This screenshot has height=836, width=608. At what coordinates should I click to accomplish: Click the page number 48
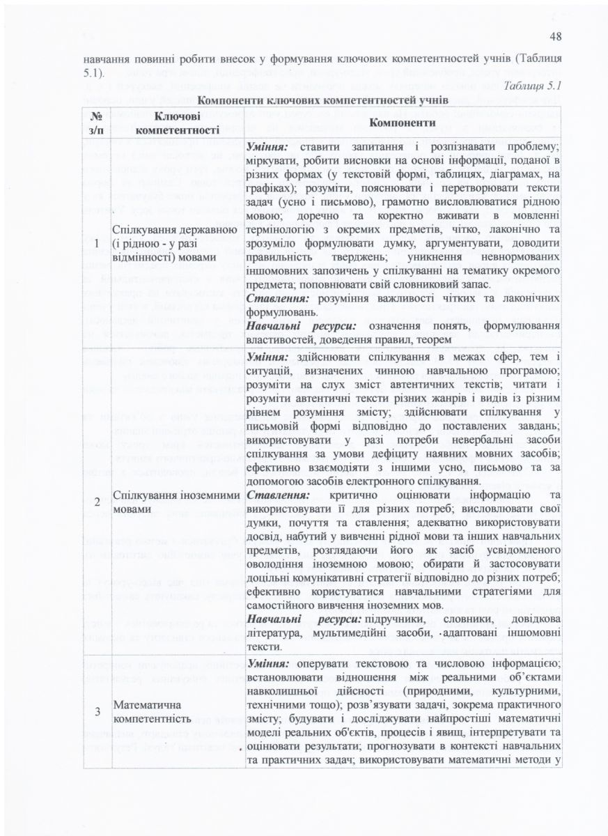(x=555, y=37)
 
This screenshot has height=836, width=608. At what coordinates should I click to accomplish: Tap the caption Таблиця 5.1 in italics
(x=532, y=85)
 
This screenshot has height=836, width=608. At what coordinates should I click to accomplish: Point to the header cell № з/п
(x=97, y=123)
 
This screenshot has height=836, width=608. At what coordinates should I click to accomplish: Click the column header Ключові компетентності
(x=178, y=123)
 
